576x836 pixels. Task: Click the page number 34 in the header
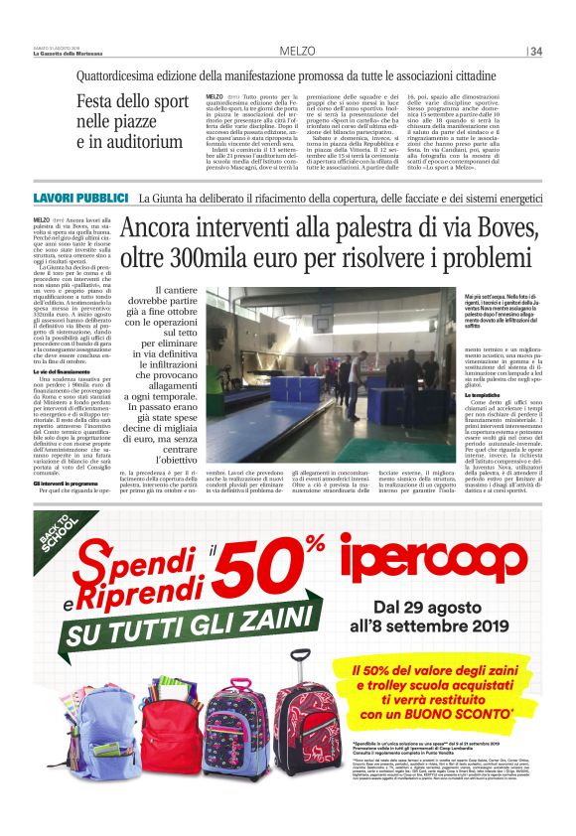pyautogui.click(x=537, y=51)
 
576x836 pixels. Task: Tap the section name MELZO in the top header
pyautogui.click(x=297, y=51)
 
